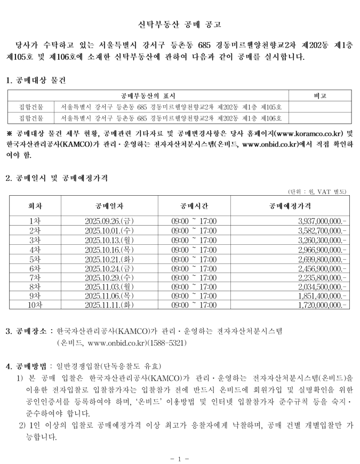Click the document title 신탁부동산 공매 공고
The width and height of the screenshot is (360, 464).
click(x=179, y=25)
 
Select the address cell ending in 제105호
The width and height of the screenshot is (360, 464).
click(x=171, y=107)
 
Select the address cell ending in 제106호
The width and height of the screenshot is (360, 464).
click(x=171, y=118)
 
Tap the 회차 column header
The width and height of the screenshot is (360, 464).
click(x=35, y=205)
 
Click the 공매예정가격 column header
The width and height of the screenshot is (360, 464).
click(x=290, y=205)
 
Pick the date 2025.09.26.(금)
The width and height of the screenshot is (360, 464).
click(x=110, y=220)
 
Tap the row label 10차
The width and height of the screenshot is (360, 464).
click(x=35, y=304)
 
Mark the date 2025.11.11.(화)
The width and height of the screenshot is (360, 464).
click(x=110, y=304)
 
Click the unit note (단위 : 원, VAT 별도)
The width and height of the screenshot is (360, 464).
click(x=317, y=191)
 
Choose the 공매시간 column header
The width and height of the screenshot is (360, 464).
click(x=194, y=205)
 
